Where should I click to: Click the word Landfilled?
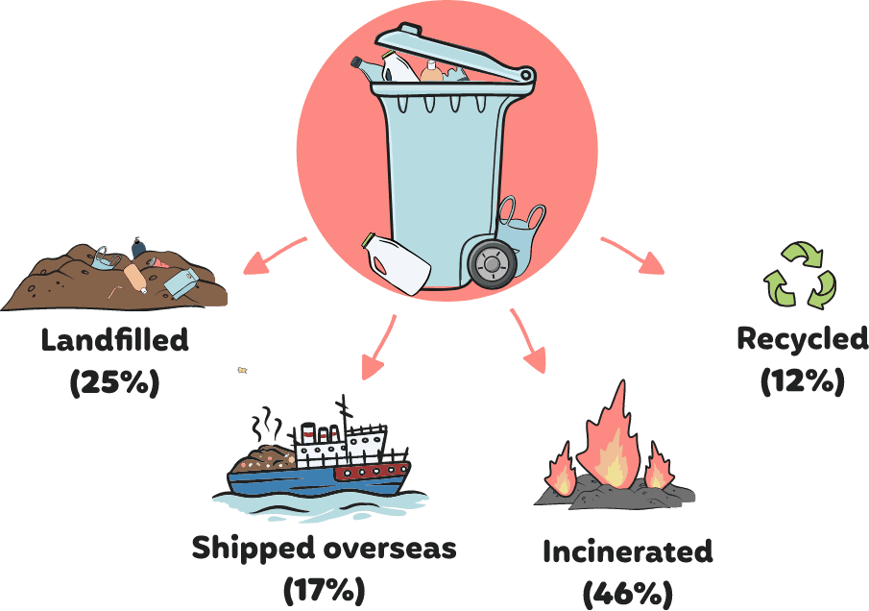pyautogui.click(x=114, y=340)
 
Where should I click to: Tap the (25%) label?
pyautogui.click(x=114, y=382)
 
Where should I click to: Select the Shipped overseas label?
pyautogui.click(x=324, y=549)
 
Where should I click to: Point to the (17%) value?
pyautogui.click(x=324, y=588)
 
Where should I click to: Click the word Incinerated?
pyautogui.click(x=627, y=552)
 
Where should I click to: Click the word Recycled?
pyautogui.click(x=802, y=338)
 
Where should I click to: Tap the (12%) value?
pyautogui.click(x=802, y=381)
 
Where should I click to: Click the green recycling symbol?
pyautogui.click(x=799, y=276)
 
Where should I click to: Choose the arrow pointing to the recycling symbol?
pyautogui.click(x=634, y=256)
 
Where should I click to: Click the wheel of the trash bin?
pyautogui.click(x=492, y=262)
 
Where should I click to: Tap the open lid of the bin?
pyautogui.click(x=451, y=53)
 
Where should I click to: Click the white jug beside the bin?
pyautogui.click(x=397, y=262)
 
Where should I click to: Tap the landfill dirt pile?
pyautogui.click(x=77, y=283)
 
